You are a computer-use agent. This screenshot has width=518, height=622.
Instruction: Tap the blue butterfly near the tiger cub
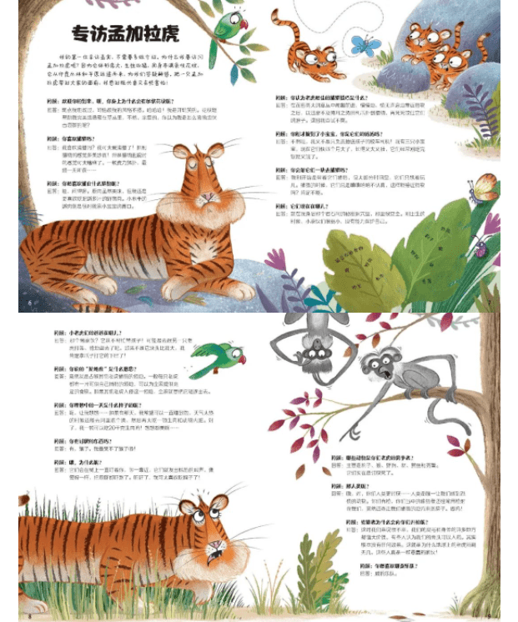point(365,44)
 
